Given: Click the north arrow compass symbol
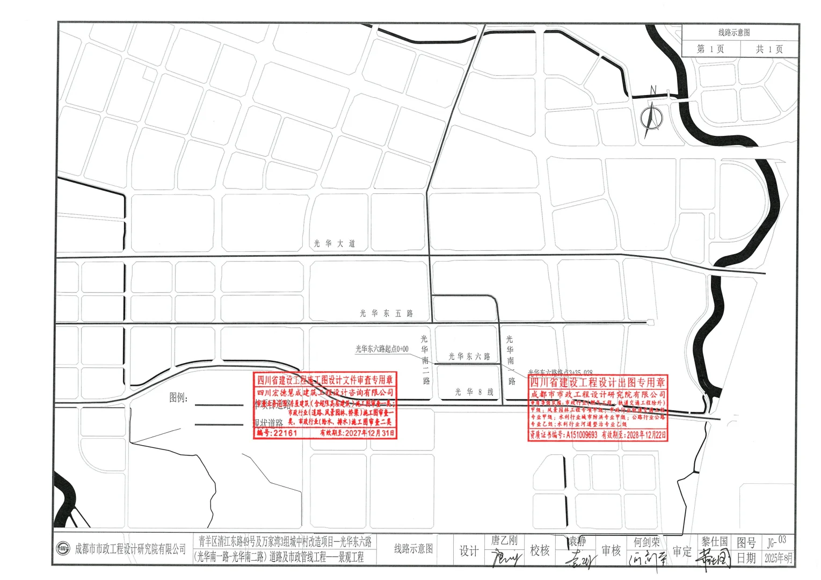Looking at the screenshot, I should pyautogui.click(x=652, y=115).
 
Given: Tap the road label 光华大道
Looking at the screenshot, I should pyautogui.click(x=335, y=243).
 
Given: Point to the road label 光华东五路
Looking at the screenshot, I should pyautogui.click(x=386, y=313).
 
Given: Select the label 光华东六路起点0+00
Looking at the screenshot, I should pyautogui.click(x=382, y=349).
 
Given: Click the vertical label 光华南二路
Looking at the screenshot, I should pyautogui.click(x=425, y=360).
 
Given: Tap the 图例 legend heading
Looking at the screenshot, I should pyautogui.click(x=178, y=397).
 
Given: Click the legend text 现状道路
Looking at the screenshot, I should pyautogui.click(x=268, y=423).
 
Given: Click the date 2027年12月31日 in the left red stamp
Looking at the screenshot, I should pyautogui.click(x=357, y=433).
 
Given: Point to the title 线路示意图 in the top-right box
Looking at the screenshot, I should pyautogui.click(x=734, y=33).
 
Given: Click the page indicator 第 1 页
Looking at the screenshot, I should pyautogui.click(x=710, y=49).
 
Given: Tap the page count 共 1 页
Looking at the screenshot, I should pyautogui.click(x=769, y=49).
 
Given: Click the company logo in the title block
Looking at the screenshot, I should pyautogui.click(x=64, y=548).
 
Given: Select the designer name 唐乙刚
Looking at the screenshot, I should pyautogui.click(x=504, y=540).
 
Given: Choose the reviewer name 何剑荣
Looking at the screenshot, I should pyautogui.click(x=646, y=542).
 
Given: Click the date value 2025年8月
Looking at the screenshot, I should pyautogui.click(x=778, y=558).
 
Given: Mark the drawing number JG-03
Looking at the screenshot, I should pyautogui.click(x=776, y=541).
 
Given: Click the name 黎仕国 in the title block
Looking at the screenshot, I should pyautogui.click(x=714, y=541).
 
